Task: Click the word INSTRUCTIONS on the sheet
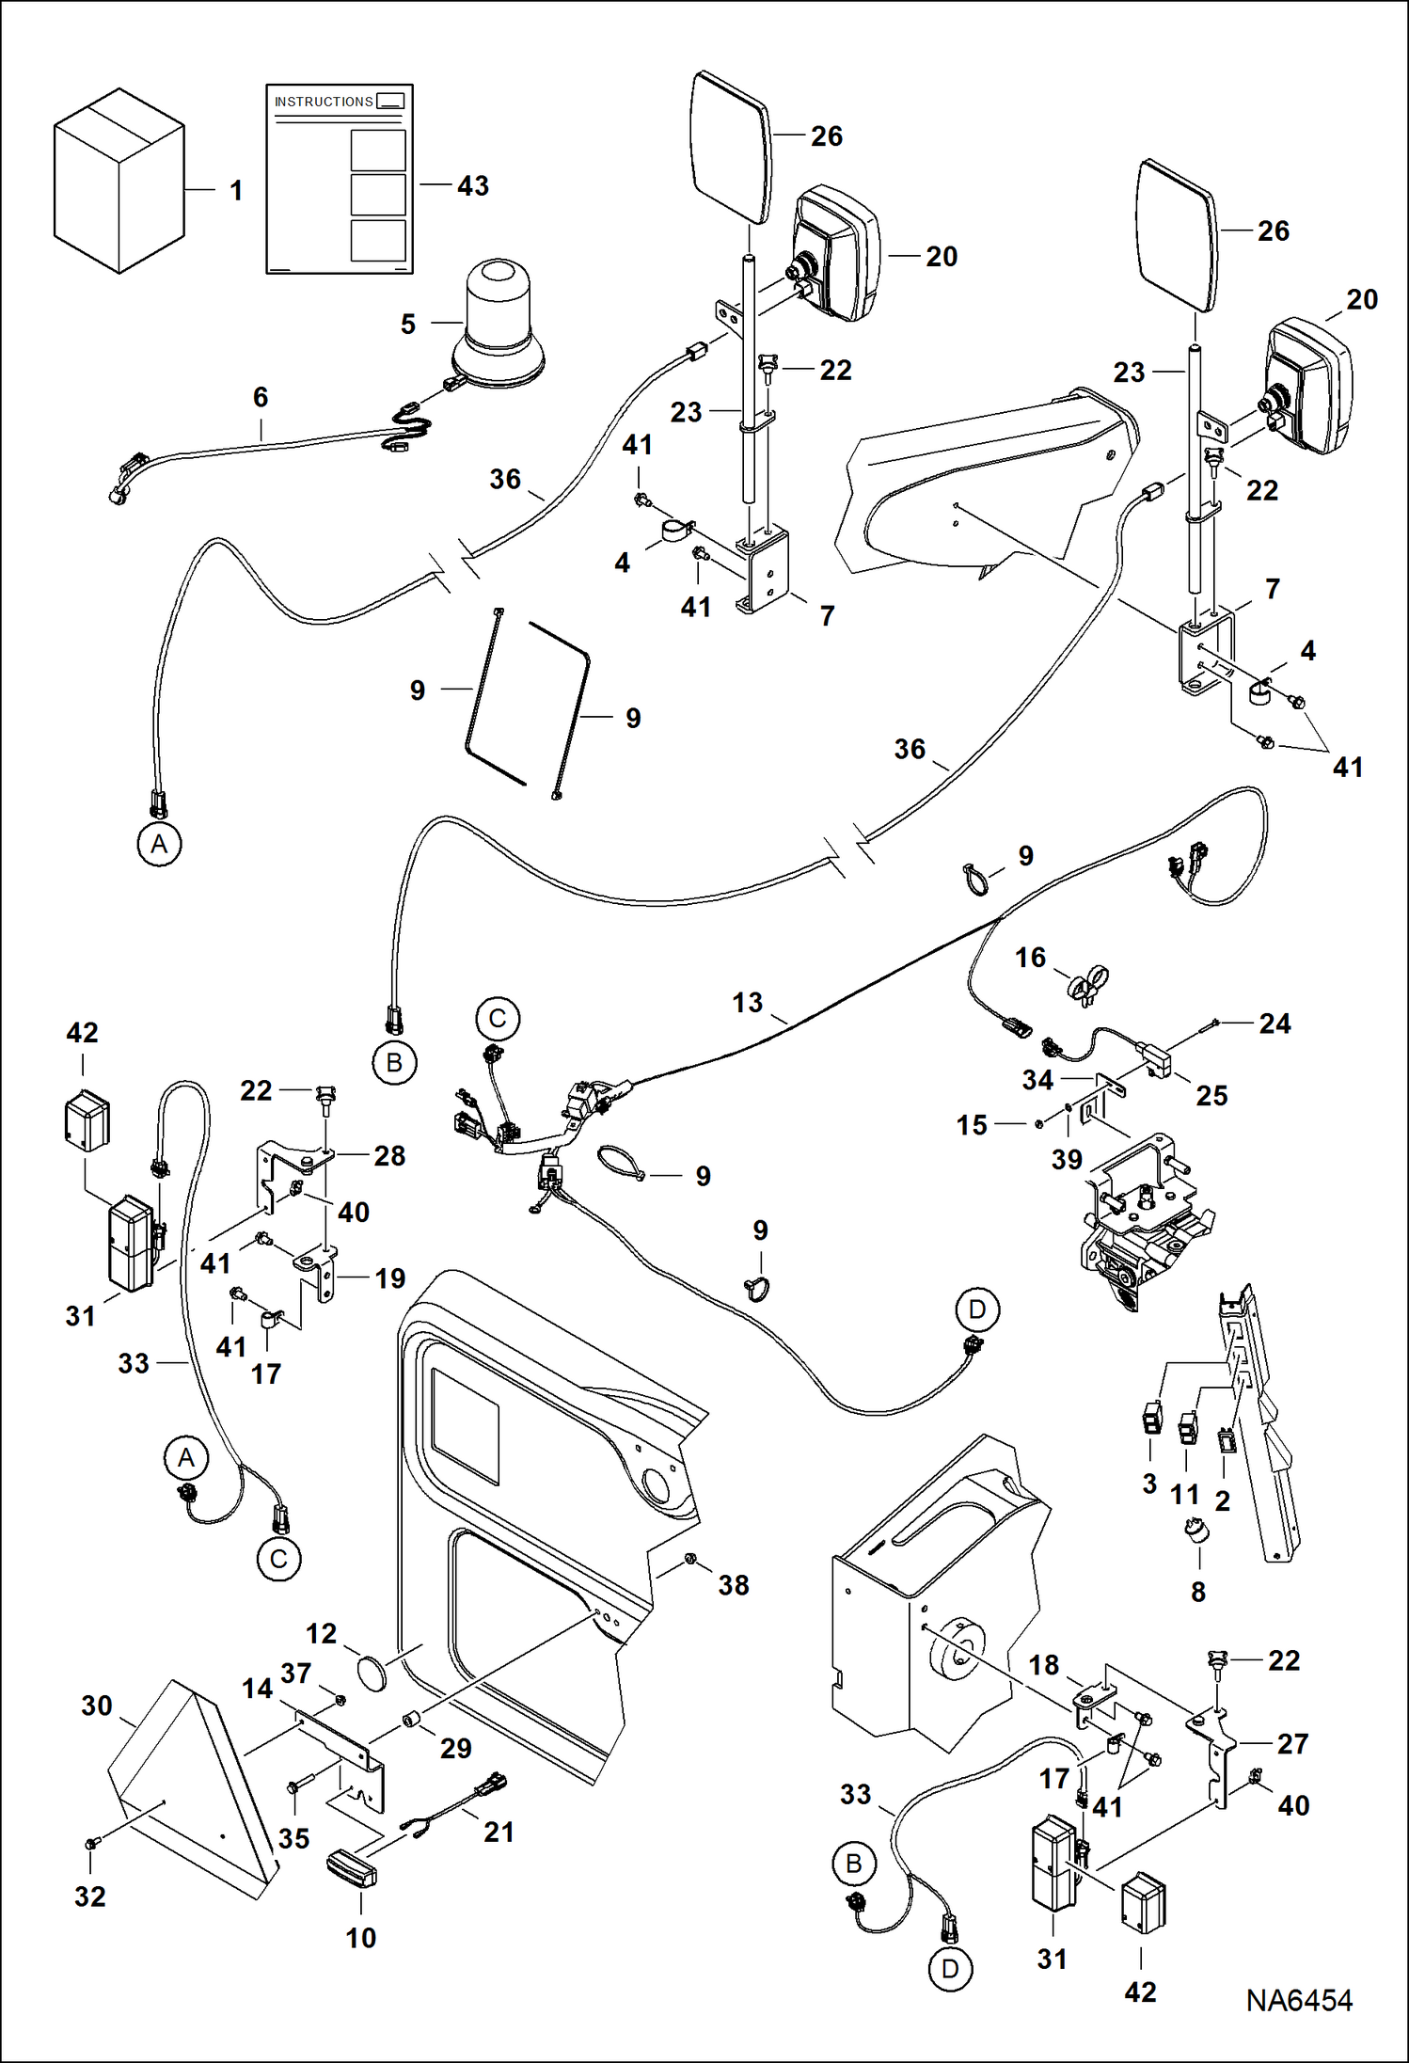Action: [x=324, y=102]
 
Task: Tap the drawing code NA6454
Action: [x=1299, y=2000]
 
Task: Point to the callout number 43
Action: [x=473, y=186]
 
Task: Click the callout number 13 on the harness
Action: [x=747, y=1003]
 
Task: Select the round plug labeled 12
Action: [x=373, y=1675]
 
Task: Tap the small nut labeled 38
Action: [x=690, y=1559]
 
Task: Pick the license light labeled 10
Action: [x=352, y=1866]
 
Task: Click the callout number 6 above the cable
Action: [x=261, y=397]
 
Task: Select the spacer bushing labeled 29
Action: [x=411, y=1721]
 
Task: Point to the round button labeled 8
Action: [x=1196, y=1531]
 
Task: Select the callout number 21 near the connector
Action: [x=499, y=1832]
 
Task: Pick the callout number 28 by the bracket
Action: [x=389, y=1156]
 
